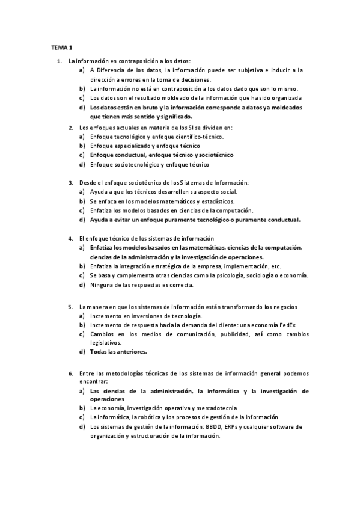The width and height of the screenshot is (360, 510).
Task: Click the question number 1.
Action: [58, 61]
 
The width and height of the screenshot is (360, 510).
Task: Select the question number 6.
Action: [70, 373]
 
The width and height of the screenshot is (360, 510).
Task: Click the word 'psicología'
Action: [224, 275]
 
